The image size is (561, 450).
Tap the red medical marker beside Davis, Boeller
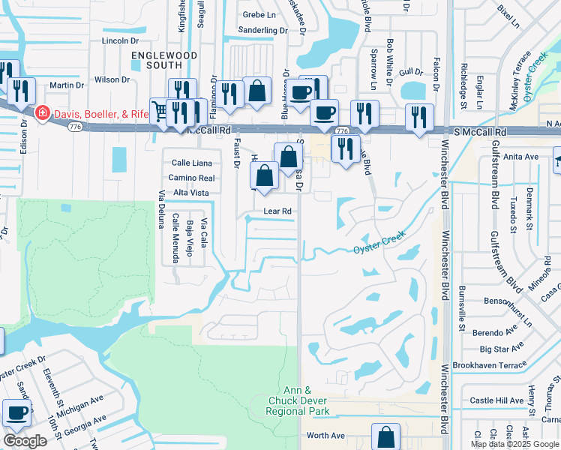(43, 113)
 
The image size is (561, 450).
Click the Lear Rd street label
(277, 211)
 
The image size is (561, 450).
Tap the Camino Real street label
(193, 178)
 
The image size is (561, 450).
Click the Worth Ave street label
(325, 436)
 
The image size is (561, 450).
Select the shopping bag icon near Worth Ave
(385, 436)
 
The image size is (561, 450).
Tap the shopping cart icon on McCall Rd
(160, 111)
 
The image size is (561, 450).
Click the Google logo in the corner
(25, 441)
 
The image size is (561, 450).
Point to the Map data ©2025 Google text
(514, 444)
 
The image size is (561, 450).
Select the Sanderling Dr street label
(262, 31)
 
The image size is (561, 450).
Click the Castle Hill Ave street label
(496, 401)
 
